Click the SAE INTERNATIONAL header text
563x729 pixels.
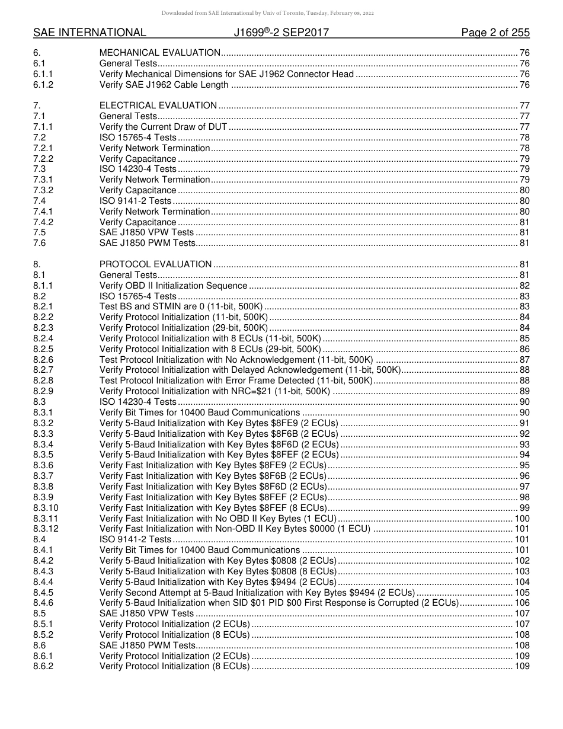[x=89, y=33]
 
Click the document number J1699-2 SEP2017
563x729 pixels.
[x=281, y=33]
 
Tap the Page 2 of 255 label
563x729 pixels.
[x=495, y=33]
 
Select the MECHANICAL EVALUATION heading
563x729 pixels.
[x=160, y=53]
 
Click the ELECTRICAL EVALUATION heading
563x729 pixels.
[x=158, y=105]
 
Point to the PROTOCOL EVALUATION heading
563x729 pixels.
[x=155, y=264]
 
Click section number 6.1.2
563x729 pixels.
[x=43, y=85]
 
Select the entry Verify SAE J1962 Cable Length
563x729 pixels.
[x=164, y=85]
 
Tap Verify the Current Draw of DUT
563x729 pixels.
[x=164, y=127]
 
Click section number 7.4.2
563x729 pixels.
[x=43, y=222]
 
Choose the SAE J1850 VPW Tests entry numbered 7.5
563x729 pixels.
[x=146, y=232]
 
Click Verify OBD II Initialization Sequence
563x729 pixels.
[x=173, y=286]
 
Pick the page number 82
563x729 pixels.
[x=524, y=286]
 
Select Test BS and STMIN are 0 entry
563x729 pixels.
[x=181, y=306]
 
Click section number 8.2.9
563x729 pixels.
[x=43, y=391]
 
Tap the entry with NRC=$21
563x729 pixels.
[x=215, y=391]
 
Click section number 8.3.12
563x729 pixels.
[x=46, y=529]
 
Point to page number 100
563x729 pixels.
[x=522, y=519]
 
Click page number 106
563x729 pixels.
[x=522, y=603]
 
